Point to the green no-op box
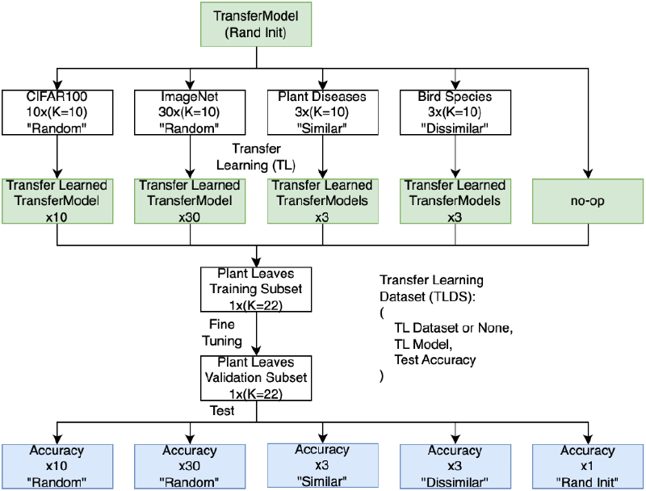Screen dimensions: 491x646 (x=587, y=201)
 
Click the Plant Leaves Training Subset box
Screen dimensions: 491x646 (x=254, y=288)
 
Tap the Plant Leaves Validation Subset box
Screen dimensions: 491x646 (x=254, y=377)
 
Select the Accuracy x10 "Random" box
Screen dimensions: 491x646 (x=57, y=466)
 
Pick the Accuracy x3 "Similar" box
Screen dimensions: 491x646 (x=323, y=466)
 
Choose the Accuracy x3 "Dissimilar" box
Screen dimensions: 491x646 (x=455, y=466)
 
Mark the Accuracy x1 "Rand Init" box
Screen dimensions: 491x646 (x=587, y=466)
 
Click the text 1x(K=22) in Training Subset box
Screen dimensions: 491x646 (x=254, y=304)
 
